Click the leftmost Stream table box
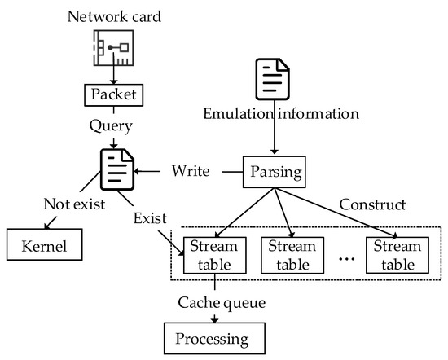tap(213, 256)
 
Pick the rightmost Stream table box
tap(396, 256)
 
